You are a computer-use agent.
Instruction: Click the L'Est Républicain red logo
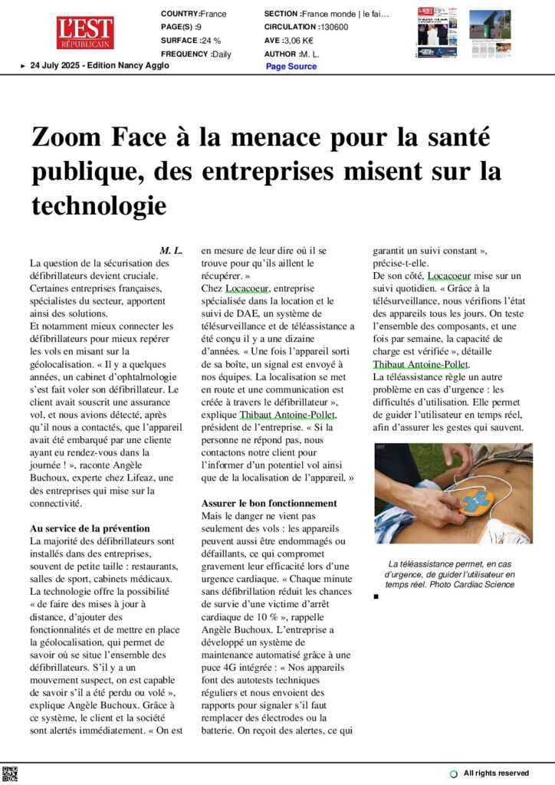[84, 33]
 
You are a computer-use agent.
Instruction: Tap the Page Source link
[291, 67]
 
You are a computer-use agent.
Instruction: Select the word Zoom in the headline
[66, 139]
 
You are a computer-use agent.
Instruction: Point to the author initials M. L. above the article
[171, 251]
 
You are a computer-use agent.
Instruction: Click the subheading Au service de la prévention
[90, 529]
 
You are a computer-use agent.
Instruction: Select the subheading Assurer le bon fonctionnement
[269, 503]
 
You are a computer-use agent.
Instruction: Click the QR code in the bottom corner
[10, 774]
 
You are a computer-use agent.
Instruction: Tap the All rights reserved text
[496, 773]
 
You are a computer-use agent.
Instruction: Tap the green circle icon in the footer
[454, 774]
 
